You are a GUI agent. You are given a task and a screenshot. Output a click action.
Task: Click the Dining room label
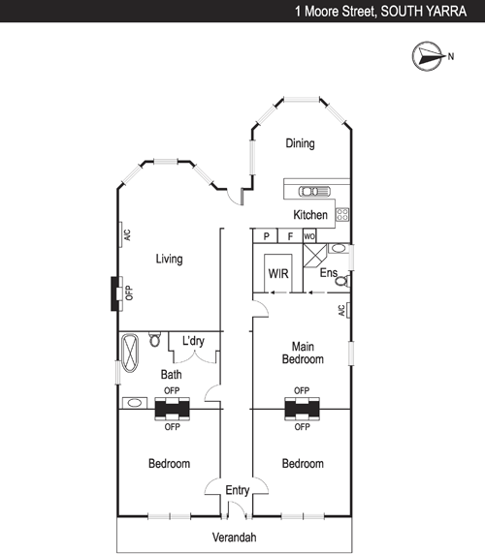point(300,143)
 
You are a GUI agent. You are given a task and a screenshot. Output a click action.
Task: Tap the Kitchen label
point(310,214)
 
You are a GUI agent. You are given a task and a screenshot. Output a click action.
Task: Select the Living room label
point(169,259)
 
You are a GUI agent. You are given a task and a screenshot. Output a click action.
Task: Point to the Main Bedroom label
point(303,353)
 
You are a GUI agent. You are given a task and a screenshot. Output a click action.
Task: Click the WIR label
point(278,273)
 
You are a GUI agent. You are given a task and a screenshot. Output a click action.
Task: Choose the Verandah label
point(234,538)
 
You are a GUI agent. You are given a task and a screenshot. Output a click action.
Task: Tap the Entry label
point(238,490)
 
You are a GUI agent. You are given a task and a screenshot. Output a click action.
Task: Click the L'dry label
point(193,341)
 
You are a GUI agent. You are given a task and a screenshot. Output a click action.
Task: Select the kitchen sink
point(314,192)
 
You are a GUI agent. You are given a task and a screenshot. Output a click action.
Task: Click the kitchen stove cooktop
point(342,214)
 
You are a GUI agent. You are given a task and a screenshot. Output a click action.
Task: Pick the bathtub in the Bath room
point(130,353)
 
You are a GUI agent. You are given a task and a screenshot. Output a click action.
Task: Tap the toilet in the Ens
point(342,281)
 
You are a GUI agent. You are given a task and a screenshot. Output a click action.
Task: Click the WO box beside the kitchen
point(309,236)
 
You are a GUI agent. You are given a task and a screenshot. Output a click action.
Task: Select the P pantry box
point(266,236)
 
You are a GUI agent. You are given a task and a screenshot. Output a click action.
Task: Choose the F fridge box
point(290,236)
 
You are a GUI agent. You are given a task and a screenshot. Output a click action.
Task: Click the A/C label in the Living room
point(127,235)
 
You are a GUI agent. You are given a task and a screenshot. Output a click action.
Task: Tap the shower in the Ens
point(315,256)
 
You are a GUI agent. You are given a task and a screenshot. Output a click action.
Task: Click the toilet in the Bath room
point(154,339)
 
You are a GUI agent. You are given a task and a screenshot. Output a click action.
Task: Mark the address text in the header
point(380,12)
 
